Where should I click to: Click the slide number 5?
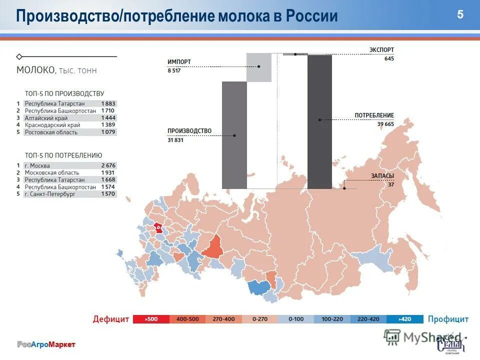[460, 14]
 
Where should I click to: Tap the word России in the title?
[312, 16]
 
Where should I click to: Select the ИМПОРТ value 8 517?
[174, 70]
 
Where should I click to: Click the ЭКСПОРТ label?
[381, 50]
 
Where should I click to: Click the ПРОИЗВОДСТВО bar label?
[189, 131]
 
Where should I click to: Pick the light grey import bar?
[259, 67]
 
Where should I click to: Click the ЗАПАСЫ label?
[382, 176]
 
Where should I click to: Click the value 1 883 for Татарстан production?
[107, 103]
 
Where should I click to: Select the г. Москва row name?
[37, 165]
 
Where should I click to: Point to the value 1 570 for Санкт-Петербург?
[108, 194]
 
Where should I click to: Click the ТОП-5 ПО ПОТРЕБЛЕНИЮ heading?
[63, 155]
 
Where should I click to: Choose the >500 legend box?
[151, 319]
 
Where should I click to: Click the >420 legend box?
[405, 319]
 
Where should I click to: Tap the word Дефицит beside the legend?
[111, 319]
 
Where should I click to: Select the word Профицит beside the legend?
[448, 319]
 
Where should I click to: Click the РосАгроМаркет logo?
[46, 344]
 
